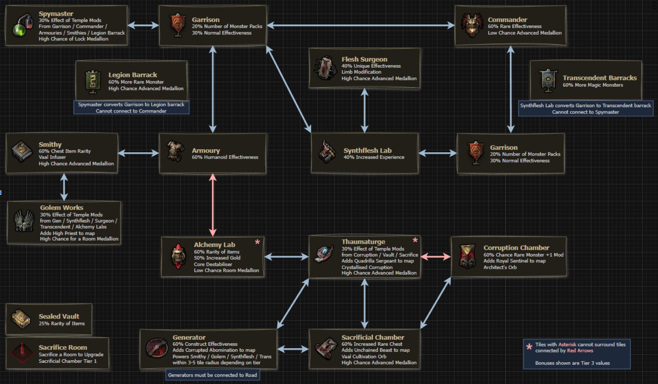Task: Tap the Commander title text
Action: click(x=507, y=20)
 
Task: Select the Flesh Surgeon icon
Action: click(x=326, y=68)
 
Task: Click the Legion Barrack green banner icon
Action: click(x=92, y=81)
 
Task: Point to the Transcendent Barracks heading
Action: click(x=599, y=78)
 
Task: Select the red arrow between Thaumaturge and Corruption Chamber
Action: click(x=435, y=256)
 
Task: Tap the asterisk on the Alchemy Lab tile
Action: click(x=257, y=242)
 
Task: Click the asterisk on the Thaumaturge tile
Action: click(x=415, y=241)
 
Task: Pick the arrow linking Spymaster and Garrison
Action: click(x=143, y=26)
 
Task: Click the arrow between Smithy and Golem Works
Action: click(x=64, y=187)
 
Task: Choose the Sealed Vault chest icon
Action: click(x=20, y=319)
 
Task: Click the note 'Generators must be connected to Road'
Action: click(x=212, y=375)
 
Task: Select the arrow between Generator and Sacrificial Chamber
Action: click(x=293, y=349)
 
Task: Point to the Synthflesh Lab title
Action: click(x=367, y=151)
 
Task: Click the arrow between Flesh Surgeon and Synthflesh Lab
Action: click(x=364, y=111)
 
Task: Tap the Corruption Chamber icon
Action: click(x=467, y=256)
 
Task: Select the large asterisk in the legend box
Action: click(x=529, y=347)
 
